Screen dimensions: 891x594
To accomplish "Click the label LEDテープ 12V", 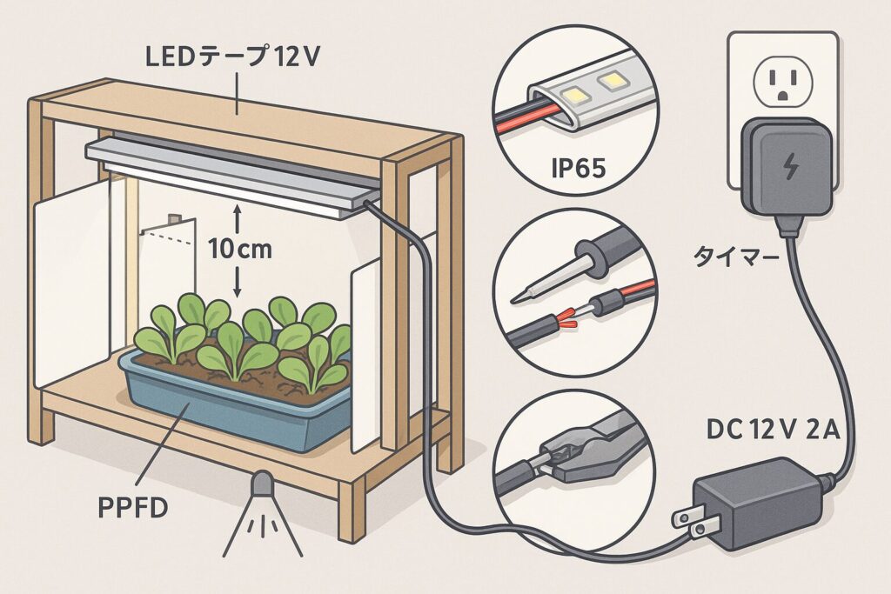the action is click(233, 57).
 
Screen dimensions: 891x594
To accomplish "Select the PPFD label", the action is click(133, 508).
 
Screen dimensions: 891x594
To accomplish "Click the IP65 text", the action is click(579, 168).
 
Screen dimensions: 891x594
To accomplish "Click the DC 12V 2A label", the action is click(773, 430).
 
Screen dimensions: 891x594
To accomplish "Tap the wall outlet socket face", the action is click(782, 83).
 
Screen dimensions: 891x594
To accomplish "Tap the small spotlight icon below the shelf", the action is click(262, 514).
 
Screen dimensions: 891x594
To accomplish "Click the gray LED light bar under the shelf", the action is click(233, 173).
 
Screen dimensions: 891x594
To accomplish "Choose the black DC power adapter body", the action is click(759, 503).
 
